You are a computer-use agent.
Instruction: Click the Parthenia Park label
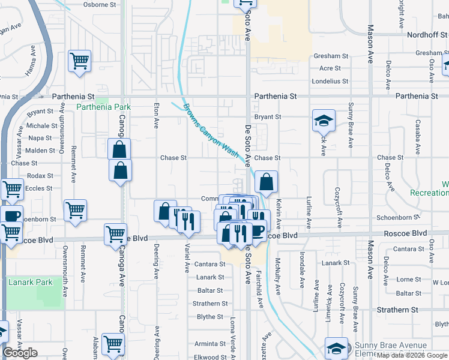(104, 107)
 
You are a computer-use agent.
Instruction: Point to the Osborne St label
(100, 4)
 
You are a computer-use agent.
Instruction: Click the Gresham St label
(327, 56)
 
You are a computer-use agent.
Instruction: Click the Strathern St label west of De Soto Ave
(210, 304)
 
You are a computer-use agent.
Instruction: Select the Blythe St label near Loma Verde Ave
(210, 317)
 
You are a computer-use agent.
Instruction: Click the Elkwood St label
(210, 357)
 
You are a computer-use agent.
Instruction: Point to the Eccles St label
(40, 188)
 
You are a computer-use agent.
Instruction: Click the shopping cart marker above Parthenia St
(79, 61)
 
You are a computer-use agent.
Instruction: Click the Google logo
(20, 353)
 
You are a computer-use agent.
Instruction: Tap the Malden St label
(40, 151)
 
